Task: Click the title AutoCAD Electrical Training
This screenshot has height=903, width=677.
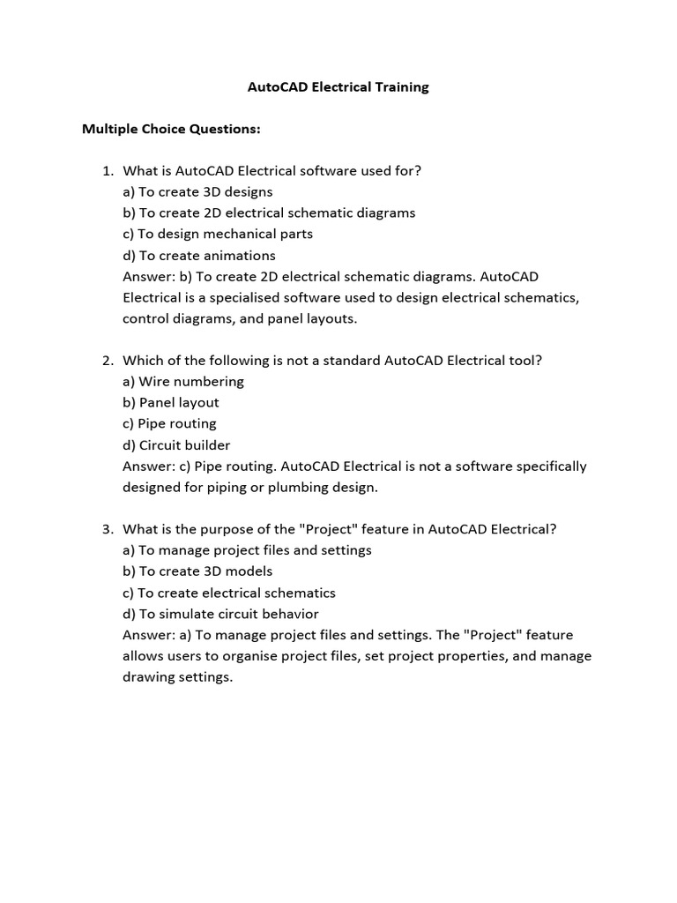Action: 338,87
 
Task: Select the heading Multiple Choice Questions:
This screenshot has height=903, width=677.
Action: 171,129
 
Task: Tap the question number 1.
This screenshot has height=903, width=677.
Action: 108,171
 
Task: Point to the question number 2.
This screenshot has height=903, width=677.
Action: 108,361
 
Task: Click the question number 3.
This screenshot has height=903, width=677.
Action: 108,529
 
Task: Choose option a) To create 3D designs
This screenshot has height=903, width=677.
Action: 197,192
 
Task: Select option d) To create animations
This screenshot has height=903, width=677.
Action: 199,256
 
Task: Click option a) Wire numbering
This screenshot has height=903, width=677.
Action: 183,382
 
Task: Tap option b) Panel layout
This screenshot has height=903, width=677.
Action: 171,403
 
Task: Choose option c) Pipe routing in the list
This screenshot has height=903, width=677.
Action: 169,424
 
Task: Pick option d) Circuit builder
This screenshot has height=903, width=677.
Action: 176,445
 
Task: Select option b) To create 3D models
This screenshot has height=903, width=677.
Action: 198,571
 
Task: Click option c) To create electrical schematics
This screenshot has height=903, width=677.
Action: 229,593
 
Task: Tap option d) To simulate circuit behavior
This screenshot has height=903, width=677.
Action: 220,614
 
